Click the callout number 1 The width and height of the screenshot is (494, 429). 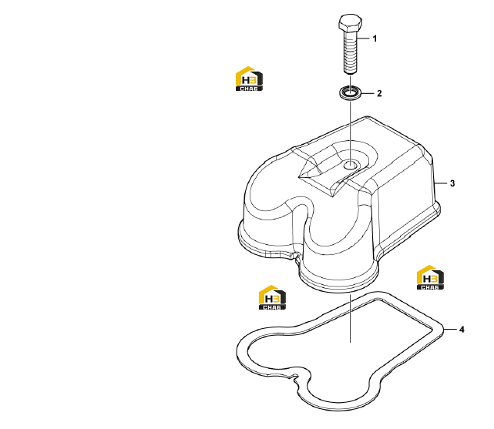click(x=375, y=39)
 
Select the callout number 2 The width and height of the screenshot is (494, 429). click(x=379, y=93)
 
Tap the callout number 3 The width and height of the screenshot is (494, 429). click(x=452, y=183)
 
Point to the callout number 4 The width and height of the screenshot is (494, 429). click(x=462, y=330)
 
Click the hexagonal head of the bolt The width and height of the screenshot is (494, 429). click(x=350, y=22)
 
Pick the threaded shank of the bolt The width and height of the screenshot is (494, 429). click(x=350, y=52)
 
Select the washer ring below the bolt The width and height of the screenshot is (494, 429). click(x=350, y=93)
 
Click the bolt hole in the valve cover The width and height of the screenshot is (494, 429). click(x=350, y=165)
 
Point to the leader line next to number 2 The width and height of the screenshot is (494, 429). click(x=368, y=93)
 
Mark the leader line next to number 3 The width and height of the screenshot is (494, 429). click(x=441, y=183)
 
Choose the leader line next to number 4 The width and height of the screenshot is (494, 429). click(x=450, y=329)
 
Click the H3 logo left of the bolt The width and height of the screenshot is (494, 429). click(x=249, y=79)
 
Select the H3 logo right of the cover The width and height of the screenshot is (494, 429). click(x=430, y=277)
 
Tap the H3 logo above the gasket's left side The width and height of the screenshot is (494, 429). click(x=272, y=297)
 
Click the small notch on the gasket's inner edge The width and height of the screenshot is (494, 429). click(x=295, y=377)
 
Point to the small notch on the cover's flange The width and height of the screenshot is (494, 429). click(x=295, y=255)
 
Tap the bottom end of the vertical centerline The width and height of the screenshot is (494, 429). click(x=350, y=342)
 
